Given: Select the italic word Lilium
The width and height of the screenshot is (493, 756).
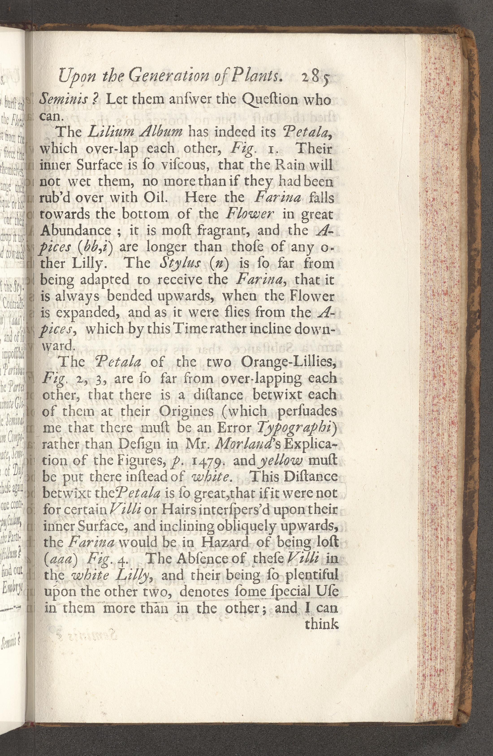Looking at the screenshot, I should pos(104,132).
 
